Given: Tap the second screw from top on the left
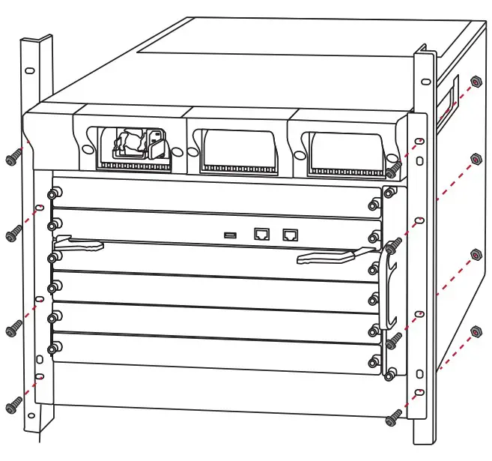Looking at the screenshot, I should pos(13,235).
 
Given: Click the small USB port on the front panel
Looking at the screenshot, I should pos(231,236).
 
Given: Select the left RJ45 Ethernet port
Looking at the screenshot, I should pos(263,234).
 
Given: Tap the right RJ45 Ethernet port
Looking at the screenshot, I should pos(289,234).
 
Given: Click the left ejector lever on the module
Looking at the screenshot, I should pos(79,244).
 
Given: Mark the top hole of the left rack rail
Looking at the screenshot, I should pos(28,71).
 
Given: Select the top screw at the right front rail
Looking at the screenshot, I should pos(396,167).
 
